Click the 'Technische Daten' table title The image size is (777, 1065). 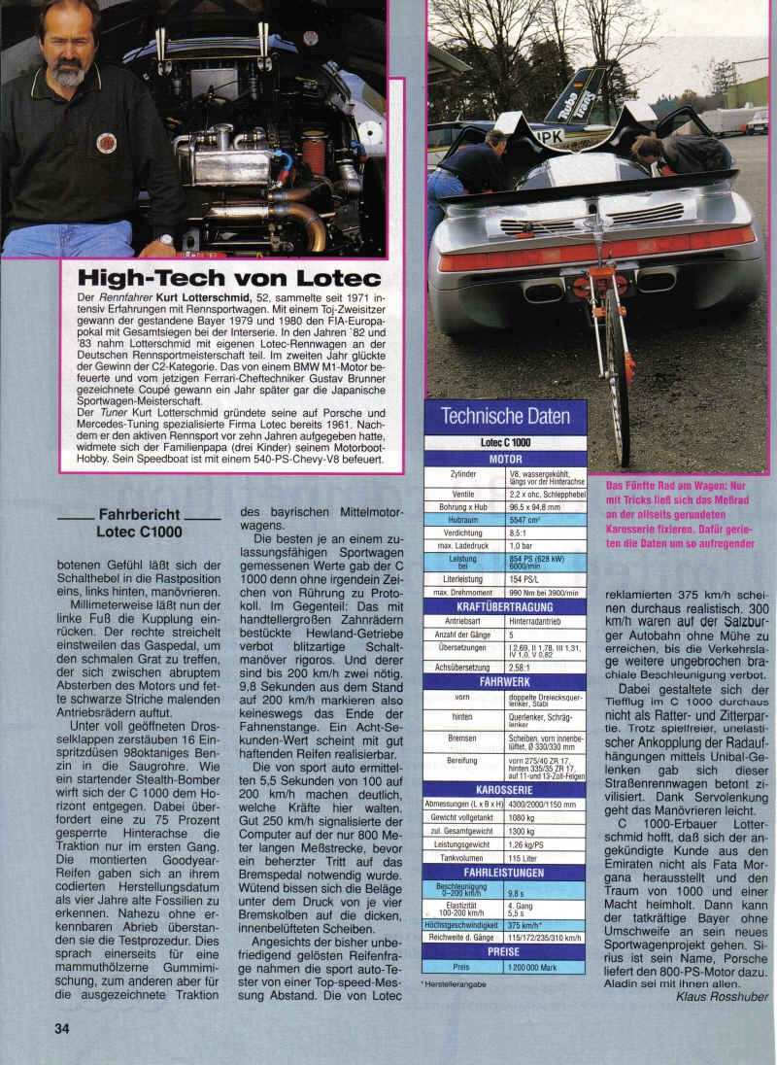(x=505, y=418)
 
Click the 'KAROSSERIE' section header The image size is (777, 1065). (x=505, y=790)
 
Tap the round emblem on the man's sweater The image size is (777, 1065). (x=106, y=142)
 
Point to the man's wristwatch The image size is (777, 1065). (x=166, y=237)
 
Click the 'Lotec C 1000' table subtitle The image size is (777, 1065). (x=505, y=442)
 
